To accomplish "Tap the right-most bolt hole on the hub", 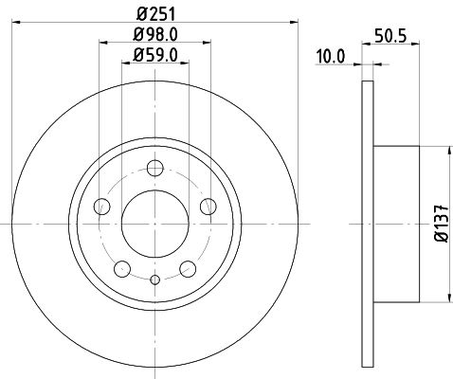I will (208, 208).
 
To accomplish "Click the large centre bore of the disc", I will (155, 224).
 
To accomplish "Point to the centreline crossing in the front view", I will (155, 224).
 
